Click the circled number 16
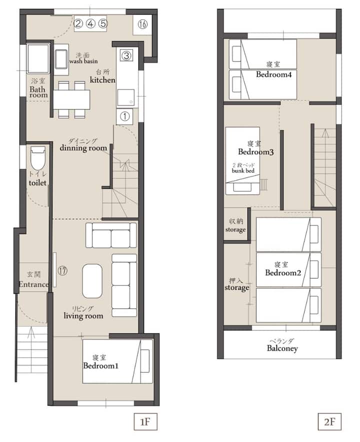pos(142,24)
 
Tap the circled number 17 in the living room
pos(62,271)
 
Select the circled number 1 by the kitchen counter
pos(124,116)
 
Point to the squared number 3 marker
pos(126,56)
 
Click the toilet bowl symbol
pos(37,158)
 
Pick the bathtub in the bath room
pos(37,59)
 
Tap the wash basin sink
pos(61,59)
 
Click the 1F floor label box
pos(145,421)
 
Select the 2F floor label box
pos(329,421)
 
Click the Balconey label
pos(282,348)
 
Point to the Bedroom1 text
pos(101,365)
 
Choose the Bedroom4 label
pos(273,75)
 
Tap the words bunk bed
pos(243,171)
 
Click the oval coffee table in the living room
pos(92,281)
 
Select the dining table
pos(72,100)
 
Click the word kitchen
pos(102,80)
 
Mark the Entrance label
pos(33,284)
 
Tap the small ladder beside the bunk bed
pos(263,185)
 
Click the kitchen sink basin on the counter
pos(125,97)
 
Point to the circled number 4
pos(90,24)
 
